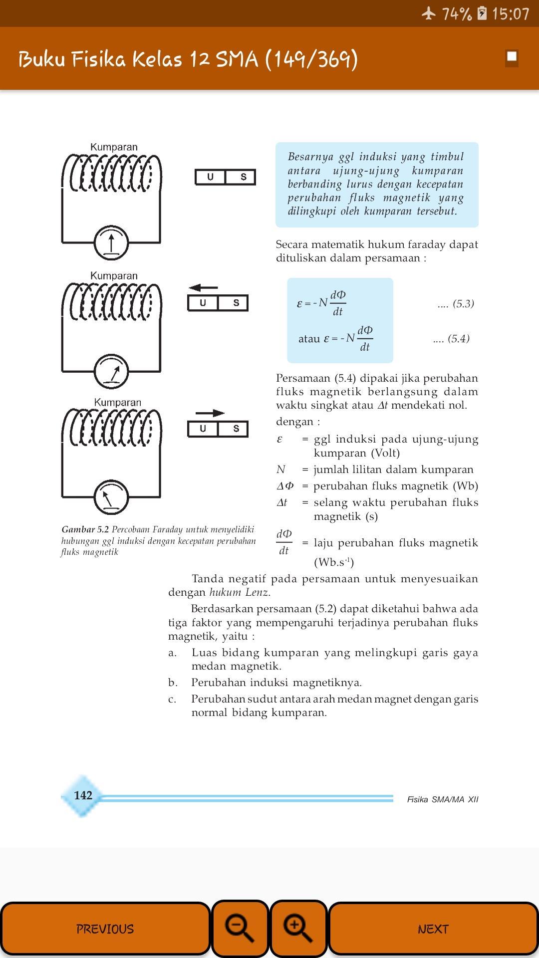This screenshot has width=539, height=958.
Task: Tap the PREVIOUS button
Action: (105, 929)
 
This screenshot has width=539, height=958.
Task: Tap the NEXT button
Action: (433, 929)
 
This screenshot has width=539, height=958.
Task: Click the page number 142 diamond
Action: (83, 795)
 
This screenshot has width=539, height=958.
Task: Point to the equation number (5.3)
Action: (456, 304)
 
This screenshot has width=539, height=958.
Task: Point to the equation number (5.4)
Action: (452, 339)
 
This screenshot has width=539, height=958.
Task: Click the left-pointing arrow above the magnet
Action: (203, 287)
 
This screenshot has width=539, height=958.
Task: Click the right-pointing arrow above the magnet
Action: (210, 413)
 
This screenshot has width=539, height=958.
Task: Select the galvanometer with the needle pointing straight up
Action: (111, 243)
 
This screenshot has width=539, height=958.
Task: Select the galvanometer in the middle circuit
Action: (111, 372)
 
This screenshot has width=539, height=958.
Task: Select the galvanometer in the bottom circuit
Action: (111, 497)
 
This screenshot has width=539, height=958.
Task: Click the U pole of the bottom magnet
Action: (203, 429)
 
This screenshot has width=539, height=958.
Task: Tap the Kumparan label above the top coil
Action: (114, 147)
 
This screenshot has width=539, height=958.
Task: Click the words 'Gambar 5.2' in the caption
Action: (85, 529)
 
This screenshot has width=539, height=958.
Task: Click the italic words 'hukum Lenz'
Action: (239, 592)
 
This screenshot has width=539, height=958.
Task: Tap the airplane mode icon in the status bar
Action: (428, 13)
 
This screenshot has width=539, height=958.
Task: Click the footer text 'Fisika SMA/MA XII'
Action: (442, 799)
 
